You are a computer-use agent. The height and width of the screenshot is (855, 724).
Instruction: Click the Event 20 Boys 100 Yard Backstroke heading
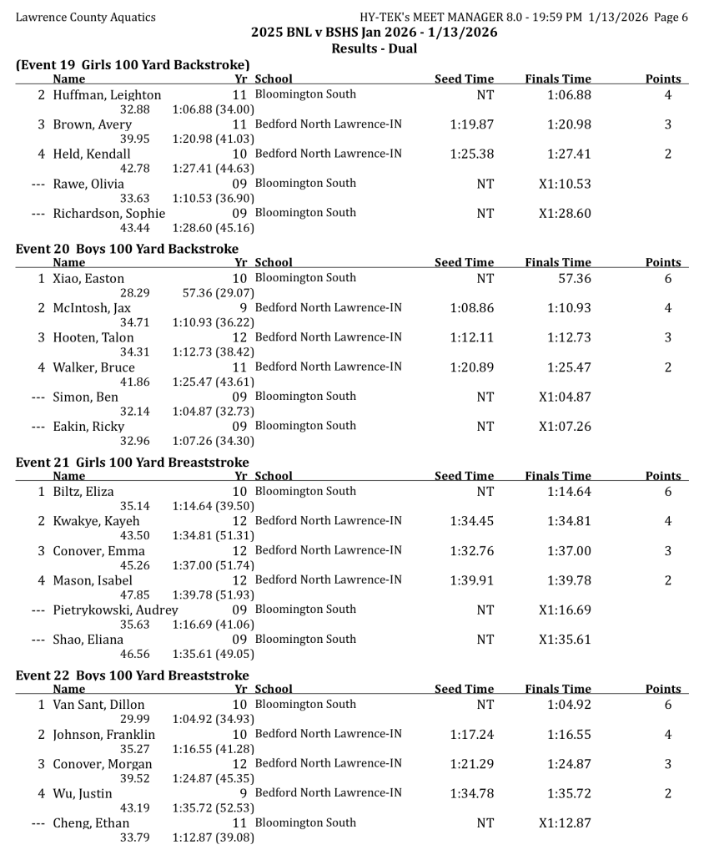coord(127,249)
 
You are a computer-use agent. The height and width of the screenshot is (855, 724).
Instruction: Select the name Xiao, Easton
coord(88,279)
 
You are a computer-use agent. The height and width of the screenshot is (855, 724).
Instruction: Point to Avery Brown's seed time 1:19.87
coord(471,124)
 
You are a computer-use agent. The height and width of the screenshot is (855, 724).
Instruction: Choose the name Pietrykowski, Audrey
coord(116,610)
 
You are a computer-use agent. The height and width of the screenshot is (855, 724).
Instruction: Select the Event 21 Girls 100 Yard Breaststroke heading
coord(132,463)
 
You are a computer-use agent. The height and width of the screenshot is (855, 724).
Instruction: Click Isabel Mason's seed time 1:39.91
coord(471,580)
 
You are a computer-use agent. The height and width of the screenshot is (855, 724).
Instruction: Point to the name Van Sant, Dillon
coord(98,706)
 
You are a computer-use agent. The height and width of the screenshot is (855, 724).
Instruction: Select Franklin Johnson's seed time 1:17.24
coord(471,735)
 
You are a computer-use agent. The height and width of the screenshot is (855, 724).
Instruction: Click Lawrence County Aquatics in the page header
coord(85,17)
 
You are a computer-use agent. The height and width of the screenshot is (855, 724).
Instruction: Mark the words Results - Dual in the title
coord(374,48)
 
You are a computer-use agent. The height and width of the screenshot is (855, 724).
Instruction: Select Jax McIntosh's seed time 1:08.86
coord(471,308)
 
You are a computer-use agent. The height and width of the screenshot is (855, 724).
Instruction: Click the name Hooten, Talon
coord(93,338)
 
